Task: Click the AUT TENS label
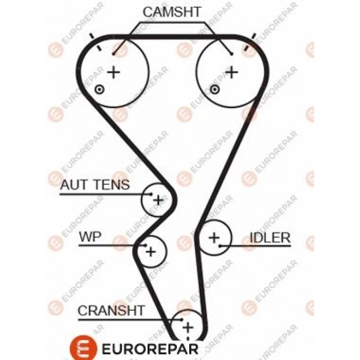point(95,185)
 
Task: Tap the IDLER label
point(270,238)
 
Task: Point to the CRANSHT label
point(111,310)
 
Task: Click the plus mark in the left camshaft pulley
point(113,71)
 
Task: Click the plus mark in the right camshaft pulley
point(232,71)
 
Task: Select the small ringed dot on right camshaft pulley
point(215,90)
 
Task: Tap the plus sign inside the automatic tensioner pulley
point(158,200)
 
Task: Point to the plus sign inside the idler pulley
point(214,237)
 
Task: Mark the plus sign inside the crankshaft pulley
point(188,327)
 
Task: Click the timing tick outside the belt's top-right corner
point(254,36)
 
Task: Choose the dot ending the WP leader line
point(146,245)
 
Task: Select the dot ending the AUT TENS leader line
point(151,194)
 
